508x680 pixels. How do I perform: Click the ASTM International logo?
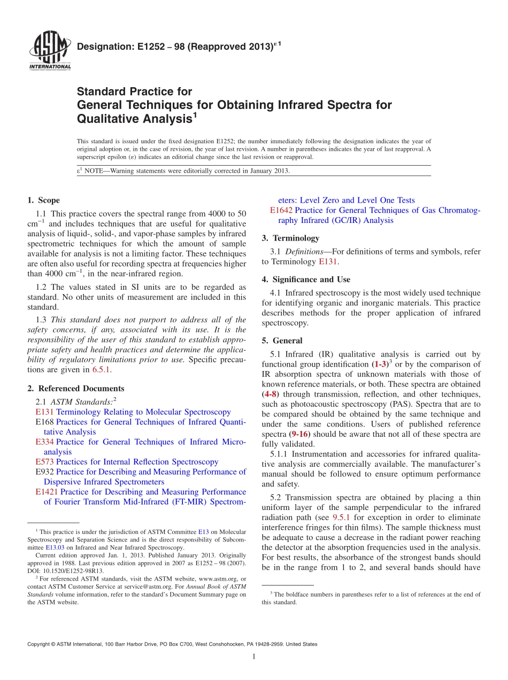(x=49, y=50)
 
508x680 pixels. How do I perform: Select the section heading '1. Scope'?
(x=43, y=200)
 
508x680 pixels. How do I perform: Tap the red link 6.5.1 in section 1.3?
(x=102, y=369)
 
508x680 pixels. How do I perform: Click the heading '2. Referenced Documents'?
(x=75, y=389)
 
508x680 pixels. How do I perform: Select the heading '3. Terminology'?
(x=290, y=238)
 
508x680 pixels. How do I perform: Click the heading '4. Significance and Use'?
(x=306, y=280)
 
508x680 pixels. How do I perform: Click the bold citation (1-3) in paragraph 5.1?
(x=381, y=365)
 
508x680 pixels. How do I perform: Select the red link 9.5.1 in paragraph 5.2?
(x=341, y=517)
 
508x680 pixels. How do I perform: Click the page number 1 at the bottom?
(x=254, y=657)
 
